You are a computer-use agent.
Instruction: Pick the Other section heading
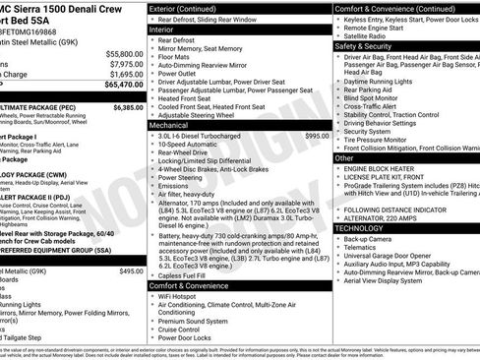coord(345,157)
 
